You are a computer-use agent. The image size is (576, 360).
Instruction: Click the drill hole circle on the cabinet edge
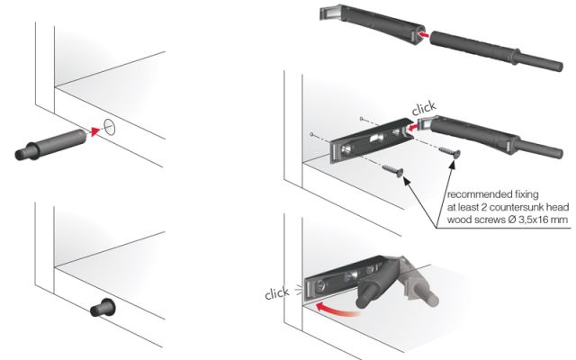(110, 128)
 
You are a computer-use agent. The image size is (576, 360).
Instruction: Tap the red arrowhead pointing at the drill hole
(96, 131)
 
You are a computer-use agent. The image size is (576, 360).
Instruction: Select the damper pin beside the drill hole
(50, 144)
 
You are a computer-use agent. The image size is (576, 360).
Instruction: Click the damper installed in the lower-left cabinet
(103, 308)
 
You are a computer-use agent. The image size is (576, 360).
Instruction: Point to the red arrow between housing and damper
(424, 35)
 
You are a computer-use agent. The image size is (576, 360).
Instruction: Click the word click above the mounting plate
(424, 108)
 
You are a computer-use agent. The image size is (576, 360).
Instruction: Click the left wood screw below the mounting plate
(392, 171)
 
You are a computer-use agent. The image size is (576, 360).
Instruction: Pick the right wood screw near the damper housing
(450, 152)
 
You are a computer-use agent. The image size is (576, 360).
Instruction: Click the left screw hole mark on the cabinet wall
(312, 134)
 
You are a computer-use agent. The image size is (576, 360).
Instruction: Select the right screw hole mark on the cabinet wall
(362, 118)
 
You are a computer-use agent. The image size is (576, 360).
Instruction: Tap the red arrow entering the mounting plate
(412, 128)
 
